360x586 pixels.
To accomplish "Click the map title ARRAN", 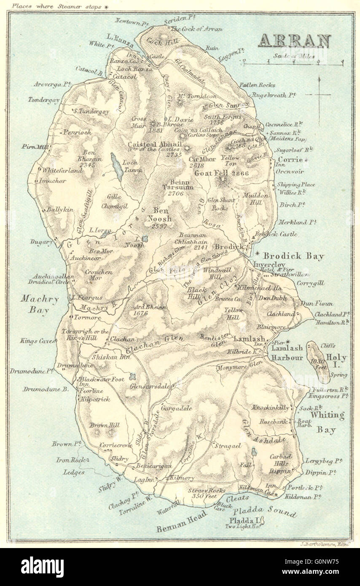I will pos(294,40).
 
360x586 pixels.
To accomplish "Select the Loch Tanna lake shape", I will pos(116,167).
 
